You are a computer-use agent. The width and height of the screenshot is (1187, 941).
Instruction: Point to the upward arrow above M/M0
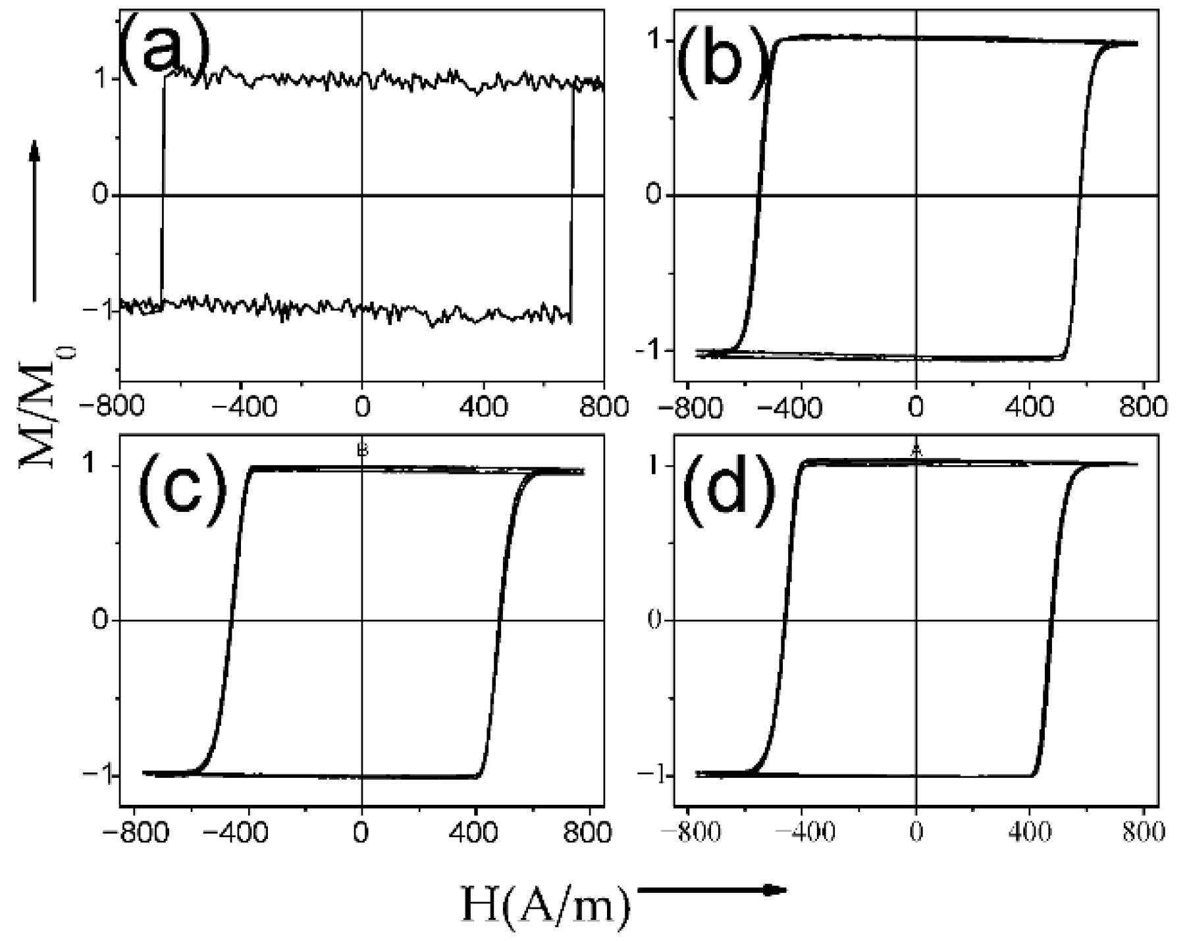tap(35, 220)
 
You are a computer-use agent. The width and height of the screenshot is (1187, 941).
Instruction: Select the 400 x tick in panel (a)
tap(484, 408)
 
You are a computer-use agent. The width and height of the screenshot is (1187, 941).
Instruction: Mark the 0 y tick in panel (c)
tap(100, 621)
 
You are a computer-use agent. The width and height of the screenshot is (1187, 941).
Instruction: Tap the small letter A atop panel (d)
tap(916, 451)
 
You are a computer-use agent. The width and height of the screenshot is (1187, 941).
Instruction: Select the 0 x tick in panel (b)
tap(916, 408)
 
